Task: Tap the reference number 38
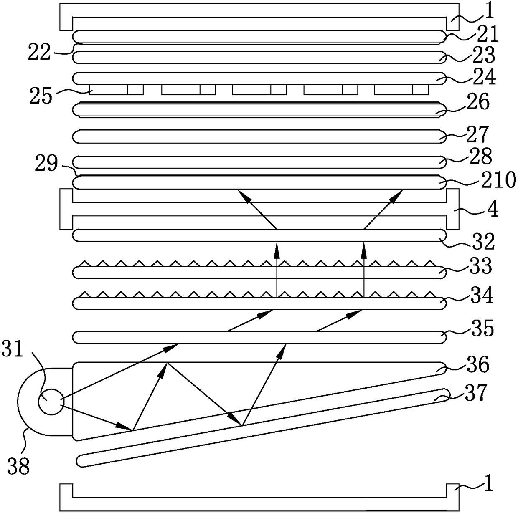(x=19, y=466)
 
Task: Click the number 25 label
(x=41, y=96)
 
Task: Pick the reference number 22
(x=40, y=53)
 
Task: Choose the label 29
(x=46, y=165)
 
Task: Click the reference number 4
(x=493, y=210)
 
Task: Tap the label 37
(x=477, y=393)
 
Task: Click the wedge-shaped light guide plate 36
(x=209, y=388)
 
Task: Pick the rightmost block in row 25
(x=401, y=90)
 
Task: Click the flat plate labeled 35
(x=259, y=337)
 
